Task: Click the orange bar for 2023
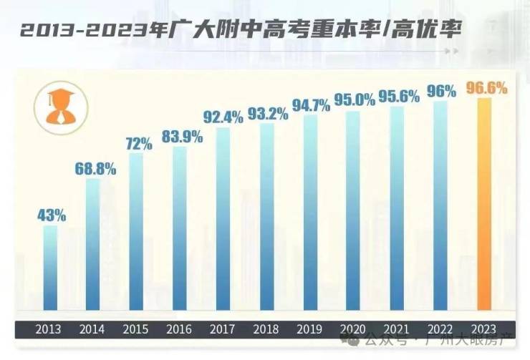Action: (485, 204)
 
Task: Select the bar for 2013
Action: (50, 268)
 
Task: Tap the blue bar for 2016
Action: (179, 229)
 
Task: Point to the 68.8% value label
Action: (95, 170)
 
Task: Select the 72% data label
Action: (138, 143)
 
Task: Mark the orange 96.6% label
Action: (486, 88)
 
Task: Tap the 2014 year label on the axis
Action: (92, 330)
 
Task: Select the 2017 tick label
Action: (222, 330)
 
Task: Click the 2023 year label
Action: (483, 330)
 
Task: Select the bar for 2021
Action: (397, 208)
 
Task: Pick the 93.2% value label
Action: (267, 113)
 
